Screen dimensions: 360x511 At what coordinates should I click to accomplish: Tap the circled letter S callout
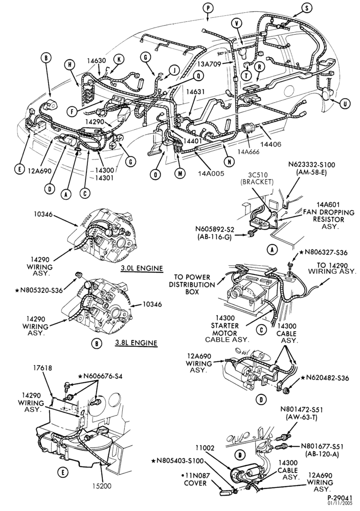(x=306, y=9)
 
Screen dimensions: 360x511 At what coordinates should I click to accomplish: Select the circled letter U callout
(x=345, y=104)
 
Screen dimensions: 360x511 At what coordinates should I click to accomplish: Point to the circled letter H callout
(x=70, y=64)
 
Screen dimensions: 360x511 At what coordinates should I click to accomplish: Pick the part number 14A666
(x=249, y=152)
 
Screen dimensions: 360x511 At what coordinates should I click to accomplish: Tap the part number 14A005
(x=211, y=173)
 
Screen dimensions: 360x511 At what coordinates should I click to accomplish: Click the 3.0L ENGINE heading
(x=142, y=269)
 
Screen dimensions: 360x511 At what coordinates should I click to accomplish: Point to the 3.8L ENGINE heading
(x=136, y=343)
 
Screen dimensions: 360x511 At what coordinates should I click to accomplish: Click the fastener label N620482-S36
(x=325, y=378)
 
